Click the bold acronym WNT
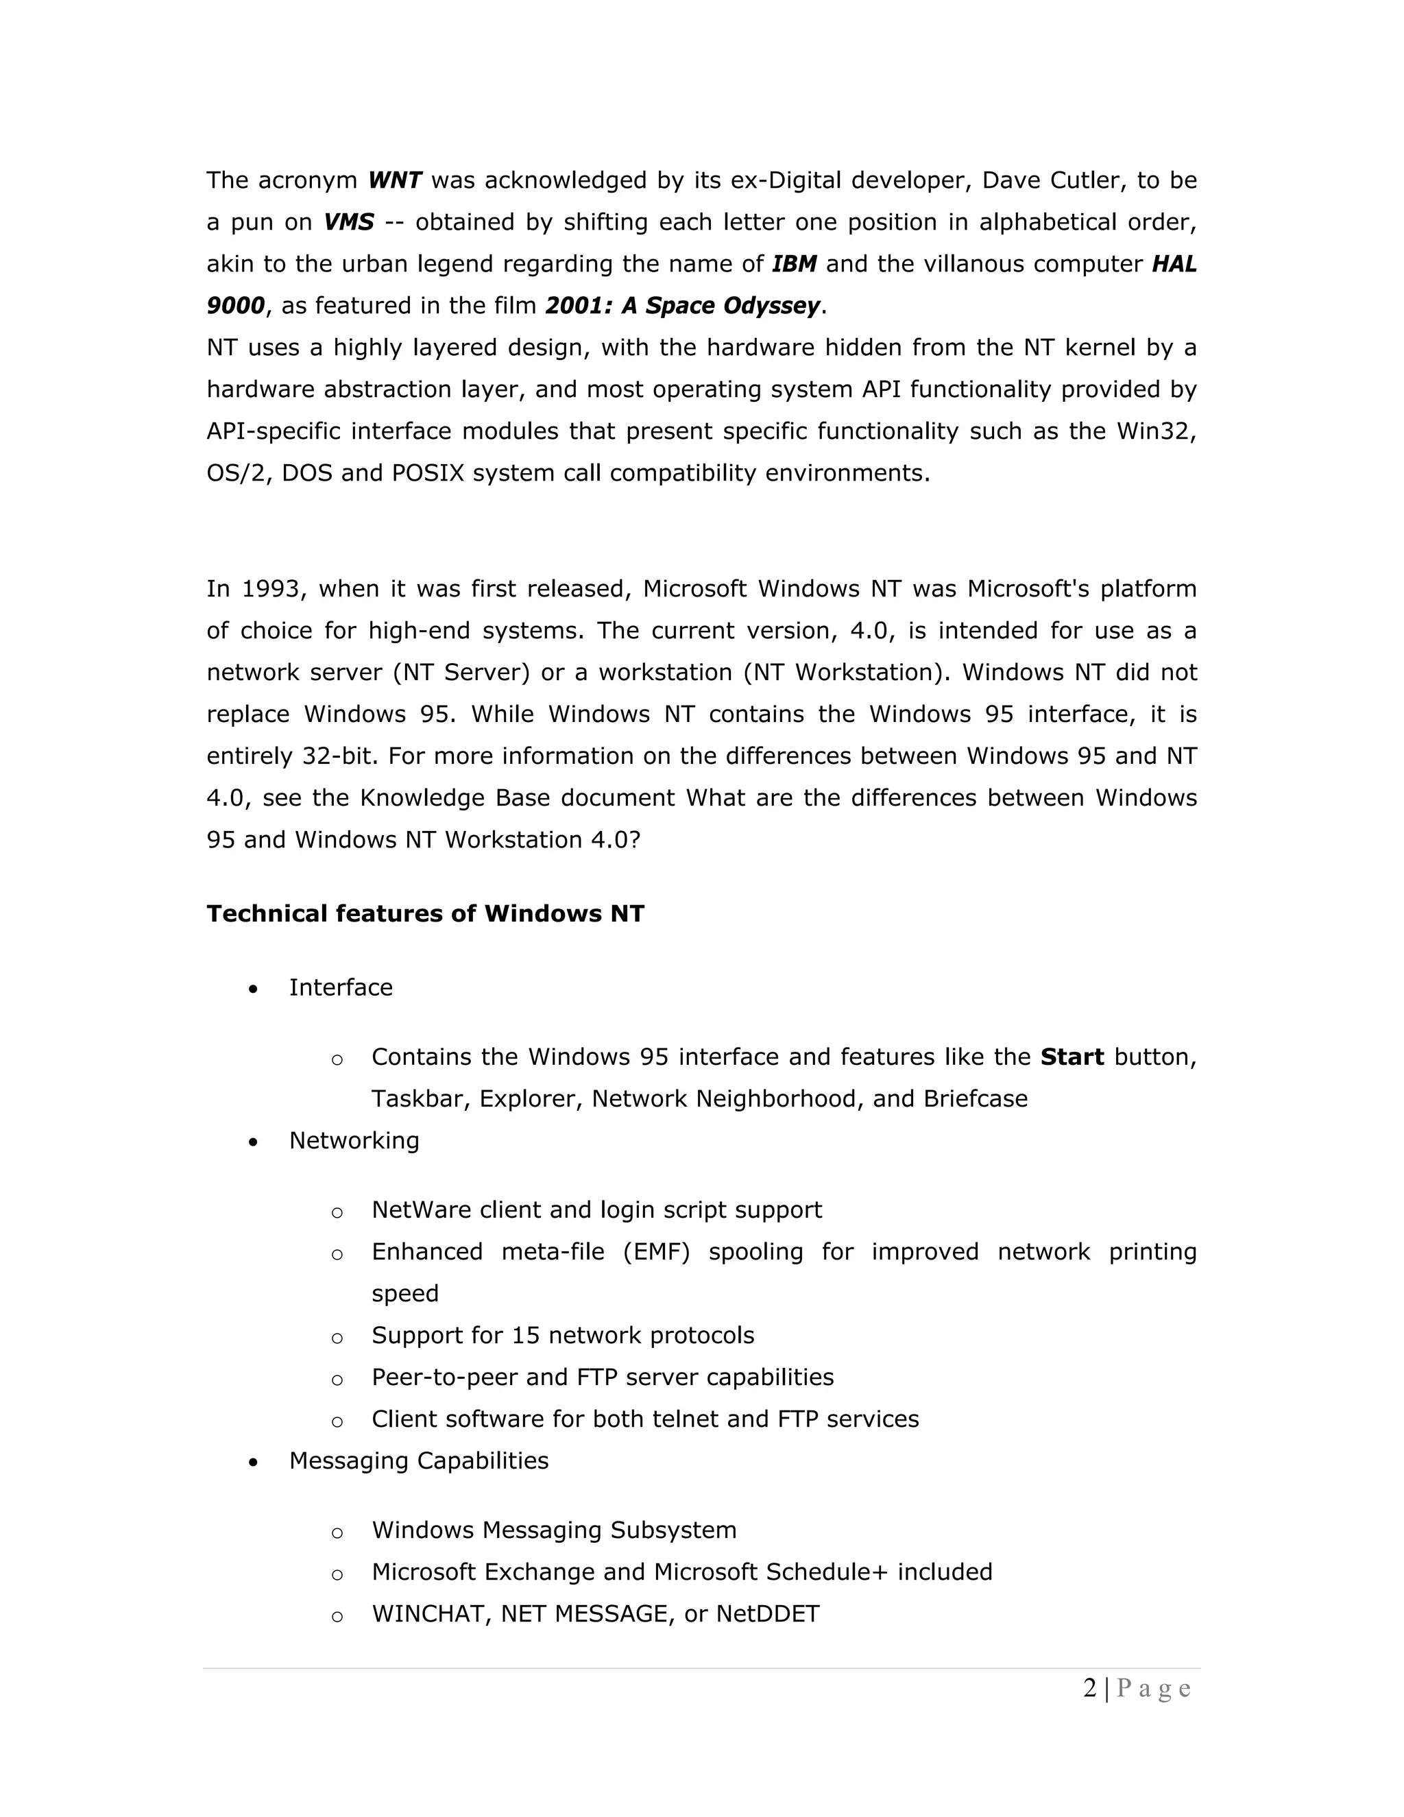pyautogui.click(x=395, y=180)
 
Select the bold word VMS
pyautogui.click(x=348, y=222)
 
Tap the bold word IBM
pyautogui.click(x=795, y=264)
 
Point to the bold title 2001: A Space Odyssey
pyautogui.click(x=683, y=306)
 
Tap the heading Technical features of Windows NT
pyautogui.click(x=425, y=913)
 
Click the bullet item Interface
pyautogui.click(x=340, y=987)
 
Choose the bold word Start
pyautogui.click(x=1072, y=1057)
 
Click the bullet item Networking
pyautogui.click(x=354, y=1141)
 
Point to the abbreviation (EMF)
pyautogui.click(x=656, y=1252)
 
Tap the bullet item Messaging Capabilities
pyautogui.click(x=418, y=1461)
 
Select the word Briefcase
pyautogui.click(x=975, y=1099)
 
